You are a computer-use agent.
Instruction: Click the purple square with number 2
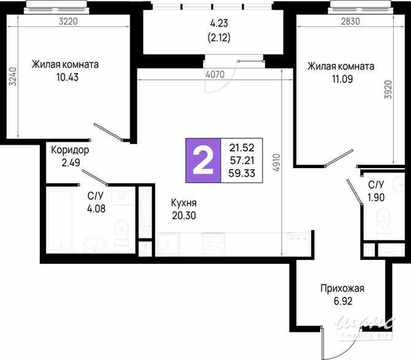pos(203,159)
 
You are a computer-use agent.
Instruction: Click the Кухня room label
pos(184,202)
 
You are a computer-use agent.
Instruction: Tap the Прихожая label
pos(342,289)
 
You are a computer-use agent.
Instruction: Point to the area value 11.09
pos(321,79)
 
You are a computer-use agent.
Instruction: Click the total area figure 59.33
pos(242,172)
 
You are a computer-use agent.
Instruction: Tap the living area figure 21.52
pos(242,147)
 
